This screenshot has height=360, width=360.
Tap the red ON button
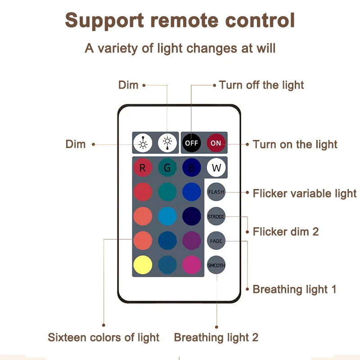(216, 143)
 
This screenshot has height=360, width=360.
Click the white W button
(216, 168)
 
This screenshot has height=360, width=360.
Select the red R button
(143, 168)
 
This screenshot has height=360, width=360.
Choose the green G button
(167, 168)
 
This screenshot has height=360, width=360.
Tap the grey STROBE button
(216, 216)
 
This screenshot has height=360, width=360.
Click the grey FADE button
(216, 241)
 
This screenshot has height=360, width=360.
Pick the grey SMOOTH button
(216, 265)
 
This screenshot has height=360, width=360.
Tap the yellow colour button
(143, 265)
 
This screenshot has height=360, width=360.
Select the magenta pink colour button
(192, 265)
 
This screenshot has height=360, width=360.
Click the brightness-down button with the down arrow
(167, 143)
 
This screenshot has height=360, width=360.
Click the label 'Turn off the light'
(261, 85)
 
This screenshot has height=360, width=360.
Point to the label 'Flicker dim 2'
(286, 232)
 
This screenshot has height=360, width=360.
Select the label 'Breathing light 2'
(216, 337)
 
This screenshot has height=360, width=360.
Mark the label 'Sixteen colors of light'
(103, 337)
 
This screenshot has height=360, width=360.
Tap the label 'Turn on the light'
(295, 144)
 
